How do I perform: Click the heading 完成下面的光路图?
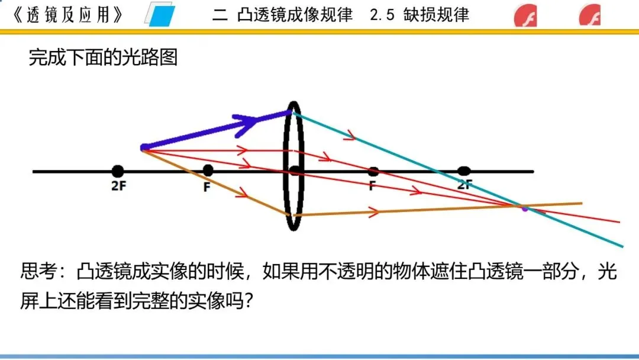103,57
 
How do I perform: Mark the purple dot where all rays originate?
144,147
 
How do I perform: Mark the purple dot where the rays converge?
524,207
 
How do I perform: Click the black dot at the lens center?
294,171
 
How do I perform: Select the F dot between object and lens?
208,171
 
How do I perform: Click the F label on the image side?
373,185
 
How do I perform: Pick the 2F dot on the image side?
464,171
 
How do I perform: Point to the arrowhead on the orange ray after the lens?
374,211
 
